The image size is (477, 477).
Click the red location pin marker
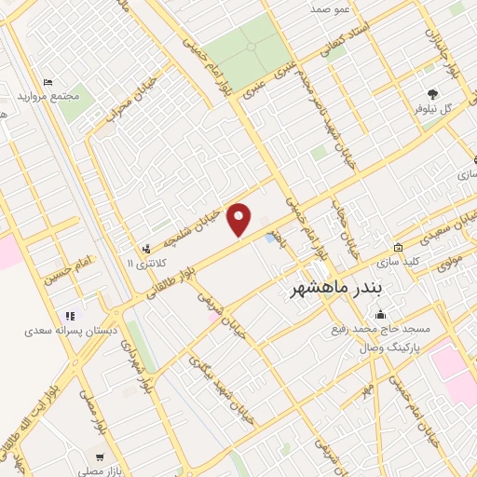pyautogui.click(x=240, y=221)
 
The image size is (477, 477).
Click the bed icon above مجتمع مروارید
pyautogui.click(x=48, y=83)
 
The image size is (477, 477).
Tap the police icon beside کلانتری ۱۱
pyautogui.click(x=146, y=249)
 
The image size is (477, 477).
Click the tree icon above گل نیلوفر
pyautogui.click(x=432, y=94)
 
